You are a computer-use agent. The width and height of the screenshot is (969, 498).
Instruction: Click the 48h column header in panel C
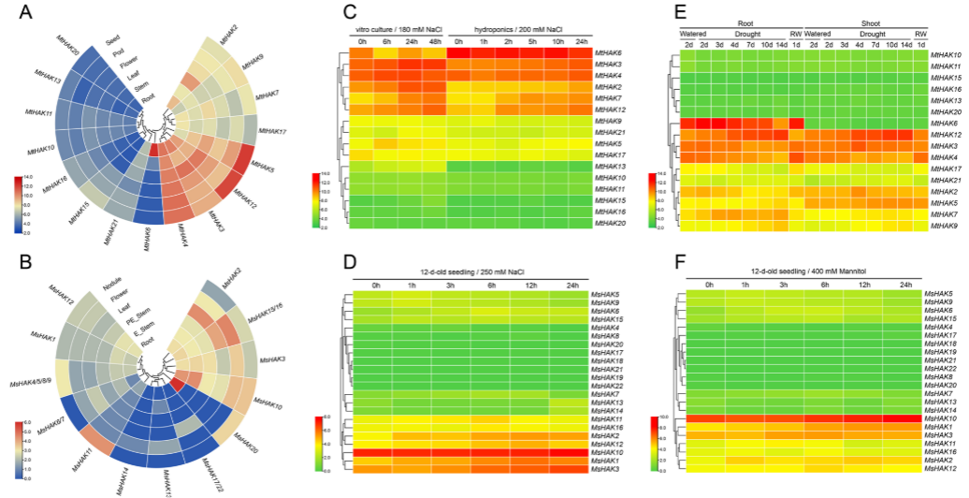coord(432,41)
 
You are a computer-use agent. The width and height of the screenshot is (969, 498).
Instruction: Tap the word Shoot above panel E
coord(862,22)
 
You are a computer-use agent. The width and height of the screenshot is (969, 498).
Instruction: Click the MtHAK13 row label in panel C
coord(608,165)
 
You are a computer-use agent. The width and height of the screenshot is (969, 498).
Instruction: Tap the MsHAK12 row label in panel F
coord(938,467)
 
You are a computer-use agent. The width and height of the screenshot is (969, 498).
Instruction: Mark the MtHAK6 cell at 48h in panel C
coord(432,55)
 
